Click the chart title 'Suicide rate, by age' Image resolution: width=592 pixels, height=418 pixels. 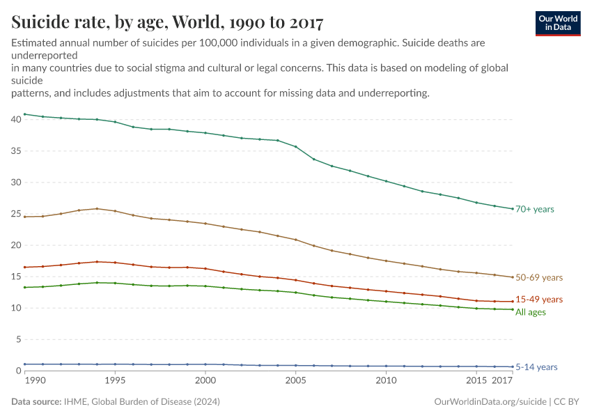(x=167, y=23)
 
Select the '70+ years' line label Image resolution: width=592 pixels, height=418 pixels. (x=534, y=209)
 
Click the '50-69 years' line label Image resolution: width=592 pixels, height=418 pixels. (x=538, y=277)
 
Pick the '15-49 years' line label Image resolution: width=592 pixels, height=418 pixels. (x=538, y=299)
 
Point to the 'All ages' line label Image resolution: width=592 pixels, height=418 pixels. (x=530, y=312)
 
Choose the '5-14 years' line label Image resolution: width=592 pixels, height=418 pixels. (x=536, y=367)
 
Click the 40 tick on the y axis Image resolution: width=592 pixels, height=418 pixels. (x=16, y=120)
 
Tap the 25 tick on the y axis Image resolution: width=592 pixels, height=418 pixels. (x=16, y=214)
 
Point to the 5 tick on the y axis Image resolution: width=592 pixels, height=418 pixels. (x=19, y=339)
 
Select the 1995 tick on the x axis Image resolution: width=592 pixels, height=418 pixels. (x=115, y=382)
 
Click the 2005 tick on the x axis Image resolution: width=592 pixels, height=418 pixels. (x=296, y=382)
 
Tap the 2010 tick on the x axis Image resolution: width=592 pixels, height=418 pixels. (x=386, y=382)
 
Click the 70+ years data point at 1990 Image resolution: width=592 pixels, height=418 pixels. (x=24, y=114)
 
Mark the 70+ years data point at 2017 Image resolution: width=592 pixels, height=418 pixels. (x=513, y=209)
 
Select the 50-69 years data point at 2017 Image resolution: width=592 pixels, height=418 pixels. (x=513, y=277)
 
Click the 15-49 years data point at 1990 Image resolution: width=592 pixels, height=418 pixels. (x=24, y=268)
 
